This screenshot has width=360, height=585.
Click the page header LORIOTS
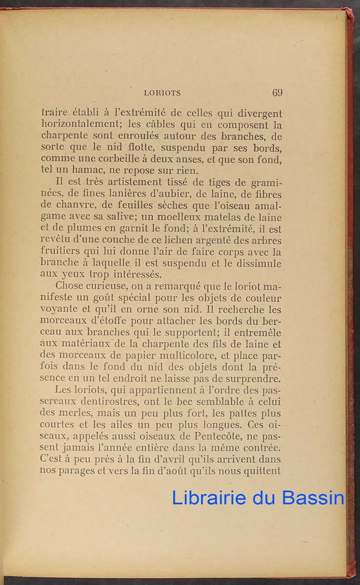(162, 93)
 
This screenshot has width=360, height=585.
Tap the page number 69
(278, 92)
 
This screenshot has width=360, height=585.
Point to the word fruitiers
(62, 253)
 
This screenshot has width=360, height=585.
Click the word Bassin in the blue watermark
(313, 498)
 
